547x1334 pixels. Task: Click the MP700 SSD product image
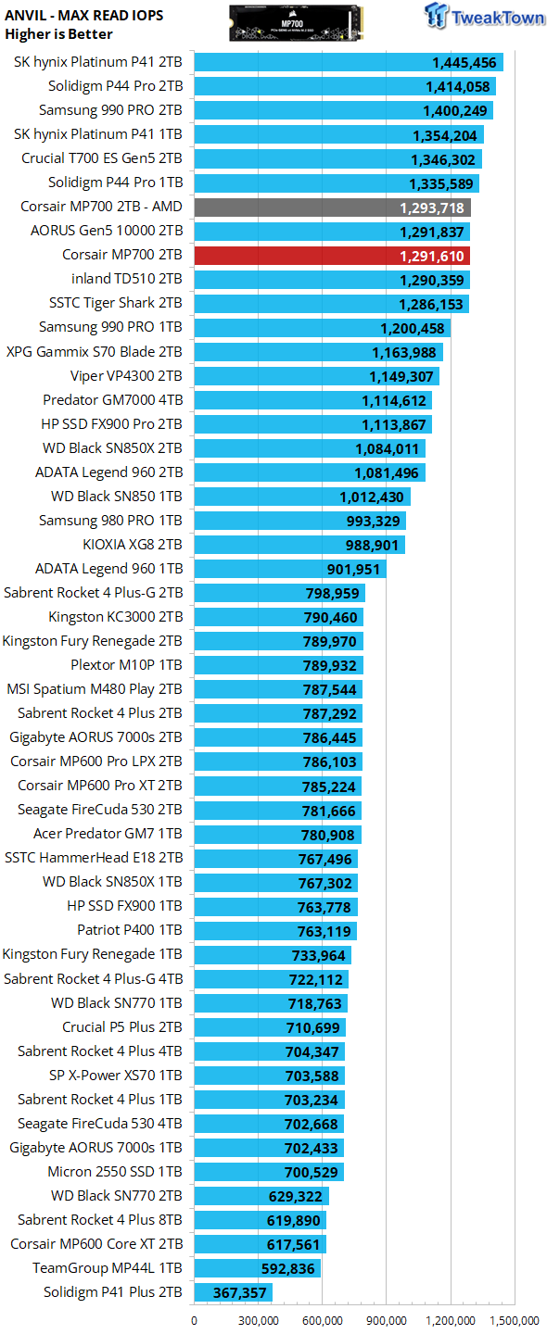pyautogui.click(x=296, y=23)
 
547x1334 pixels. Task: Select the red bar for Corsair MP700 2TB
pyautogui.click(x=332, y=256)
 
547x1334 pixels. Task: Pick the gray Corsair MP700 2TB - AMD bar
pyautogui.click(x=333, y=208)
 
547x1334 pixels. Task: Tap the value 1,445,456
pyautogui.click(x=464, y=63)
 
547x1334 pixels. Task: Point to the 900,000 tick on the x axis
pyautogui.click(x=386, y=1321)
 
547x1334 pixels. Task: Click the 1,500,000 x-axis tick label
pyautogui.click(x=515, y=1321)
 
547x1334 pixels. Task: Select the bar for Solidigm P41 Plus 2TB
pyautogui.click(x=233, y=1291)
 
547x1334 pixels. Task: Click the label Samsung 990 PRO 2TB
pyautogui.click(x=110, y=110)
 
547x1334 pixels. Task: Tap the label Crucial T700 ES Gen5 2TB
pyautogui.click(x=102, y=158)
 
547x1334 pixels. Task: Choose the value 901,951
pyautogui.click(x=352, y=570)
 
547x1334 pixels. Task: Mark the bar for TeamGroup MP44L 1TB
pyautogui.click(x=258, y=1268)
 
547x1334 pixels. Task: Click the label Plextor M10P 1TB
pyautogui.click(x=126, y=664)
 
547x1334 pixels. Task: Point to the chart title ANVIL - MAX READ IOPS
pyautogui.click(x=84, y=16)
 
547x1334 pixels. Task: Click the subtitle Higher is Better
pyautogui.click(x=58, y=34)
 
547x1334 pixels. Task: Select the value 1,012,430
pyautogui.click(x=372, y=497)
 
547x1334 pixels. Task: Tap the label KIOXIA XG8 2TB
pyautogui.click(x=133, y=545)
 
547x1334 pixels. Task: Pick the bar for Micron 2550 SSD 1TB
pyautogui.click(x=269, y=1171)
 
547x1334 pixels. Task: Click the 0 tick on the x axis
pyautogui.click(x=194, y=1321)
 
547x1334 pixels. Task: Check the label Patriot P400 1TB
pyautogui.click(x=129, y=930)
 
